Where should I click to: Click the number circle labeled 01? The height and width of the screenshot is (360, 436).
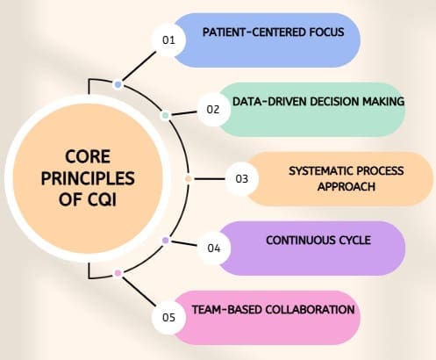169,40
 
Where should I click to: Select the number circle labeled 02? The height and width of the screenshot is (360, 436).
212,110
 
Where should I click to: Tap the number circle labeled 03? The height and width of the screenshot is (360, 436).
241,178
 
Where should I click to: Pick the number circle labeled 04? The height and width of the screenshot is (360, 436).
212,248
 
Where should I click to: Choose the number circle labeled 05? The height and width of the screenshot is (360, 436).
169,316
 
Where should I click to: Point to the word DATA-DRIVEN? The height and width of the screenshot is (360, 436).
267,102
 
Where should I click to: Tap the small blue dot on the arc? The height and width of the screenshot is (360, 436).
118,84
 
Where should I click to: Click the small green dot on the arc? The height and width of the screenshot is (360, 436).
165,115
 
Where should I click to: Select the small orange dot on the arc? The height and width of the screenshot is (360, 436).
189,178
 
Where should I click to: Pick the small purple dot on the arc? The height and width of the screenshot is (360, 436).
165,240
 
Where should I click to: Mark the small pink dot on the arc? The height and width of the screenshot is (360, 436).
118,273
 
